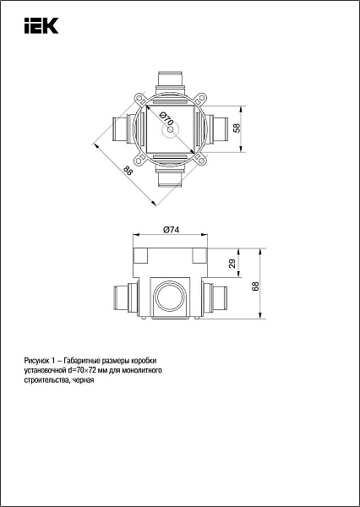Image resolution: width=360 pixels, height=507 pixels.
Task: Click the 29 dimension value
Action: (x=232, y=264)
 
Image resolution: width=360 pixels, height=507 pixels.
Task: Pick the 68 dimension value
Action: (x=255, y=286)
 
